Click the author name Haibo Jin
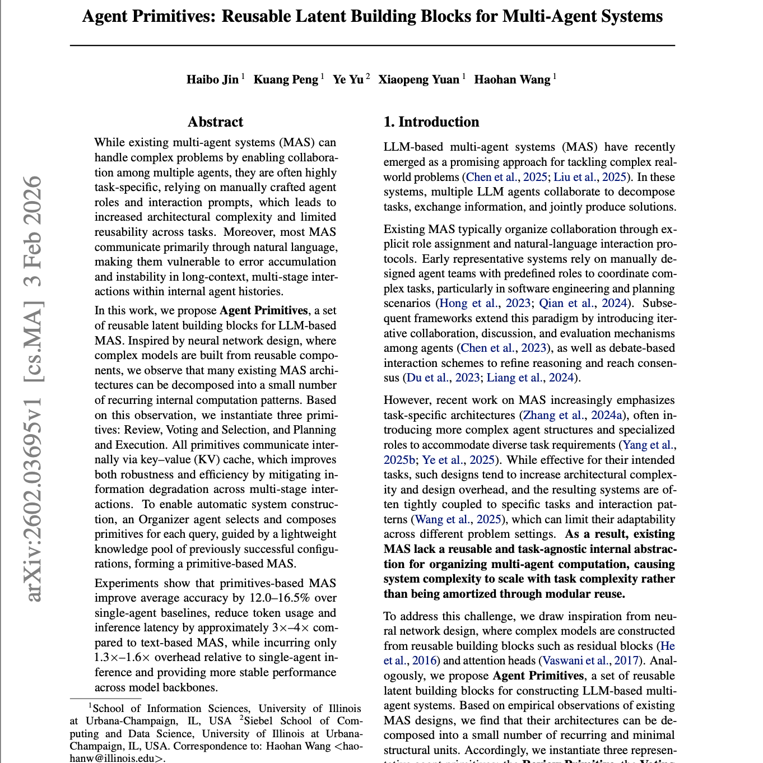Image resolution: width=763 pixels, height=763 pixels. (212, 80)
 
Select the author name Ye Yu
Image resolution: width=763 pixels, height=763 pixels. (348, 80)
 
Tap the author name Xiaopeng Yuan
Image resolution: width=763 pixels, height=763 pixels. (418, 80)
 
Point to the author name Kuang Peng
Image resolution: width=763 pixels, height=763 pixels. (286, 80)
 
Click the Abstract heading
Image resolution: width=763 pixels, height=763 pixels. (215, 122)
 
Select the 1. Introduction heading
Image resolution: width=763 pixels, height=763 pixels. (431, 122)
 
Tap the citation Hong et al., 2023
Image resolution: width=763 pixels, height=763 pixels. (485, 303)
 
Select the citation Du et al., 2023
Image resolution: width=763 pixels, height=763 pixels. (443, 378)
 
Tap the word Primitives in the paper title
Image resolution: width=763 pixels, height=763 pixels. (176, 16)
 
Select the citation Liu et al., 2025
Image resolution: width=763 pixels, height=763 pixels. (590, 177)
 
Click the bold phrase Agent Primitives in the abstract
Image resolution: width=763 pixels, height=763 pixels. (264, 310)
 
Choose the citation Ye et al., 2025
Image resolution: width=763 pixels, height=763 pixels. (458, 460)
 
